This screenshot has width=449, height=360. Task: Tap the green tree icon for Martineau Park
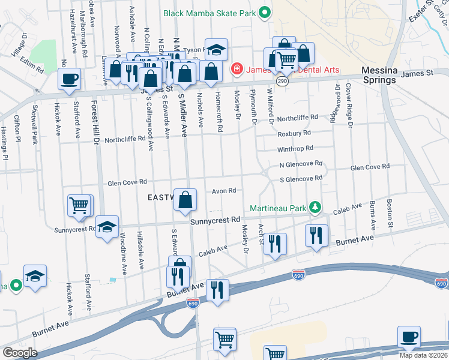coord(314,207)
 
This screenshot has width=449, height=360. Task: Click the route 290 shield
coord(282,80)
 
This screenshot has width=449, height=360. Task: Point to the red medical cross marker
coord(237,69)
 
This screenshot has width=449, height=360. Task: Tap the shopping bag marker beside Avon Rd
coord(185,200)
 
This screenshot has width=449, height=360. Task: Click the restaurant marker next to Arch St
coord(275,244)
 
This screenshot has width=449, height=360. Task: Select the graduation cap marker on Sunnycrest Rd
coord(107,227)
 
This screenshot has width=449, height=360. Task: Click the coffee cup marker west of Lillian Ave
coord(69,79)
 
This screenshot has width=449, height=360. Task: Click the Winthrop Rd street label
coord(295,148)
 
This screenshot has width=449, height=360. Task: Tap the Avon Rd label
coord(223,191)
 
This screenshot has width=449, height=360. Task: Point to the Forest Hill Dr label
coord(94,123)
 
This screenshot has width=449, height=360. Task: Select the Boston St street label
coord(390,214)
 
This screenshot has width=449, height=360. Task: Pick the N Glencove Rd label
coord(301,163)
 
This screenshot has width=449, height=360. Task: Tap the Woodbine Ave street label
coord(122,250)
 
